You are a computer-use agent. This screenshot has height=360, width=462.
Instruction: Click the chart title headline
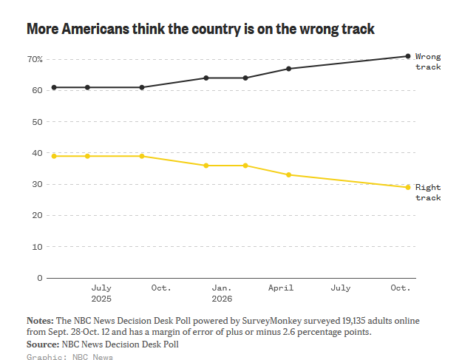(200, 29)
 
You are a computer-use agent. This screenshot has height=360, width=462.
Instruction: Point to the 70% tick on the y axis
(35, 60)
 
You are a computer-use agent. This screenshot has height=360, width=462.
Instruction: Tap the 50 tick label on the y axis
(38, 122)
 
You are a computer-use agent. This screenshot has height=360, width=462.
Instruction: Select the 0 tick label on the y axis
(40, 278)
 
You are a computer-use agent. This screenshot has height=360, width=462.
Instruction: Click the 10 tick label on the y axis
(38, 247)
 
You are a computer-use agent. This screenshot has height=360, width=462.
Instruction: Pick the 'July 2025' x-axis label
(101, 293)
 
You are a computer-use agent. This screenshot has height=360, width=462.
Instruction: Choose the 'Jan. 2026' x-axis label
(222, 293)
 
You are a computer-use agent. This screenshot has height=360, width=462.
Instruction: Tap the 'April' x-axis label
(281, 288)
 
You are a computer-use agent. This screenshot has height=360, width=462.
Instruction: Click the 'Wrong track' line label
(428, 61)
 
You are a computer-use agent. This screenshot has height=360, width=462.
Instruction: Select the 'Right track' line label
(428, 192)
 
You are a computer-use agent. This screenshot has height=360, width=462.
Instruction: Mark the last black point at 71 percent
(408, 56)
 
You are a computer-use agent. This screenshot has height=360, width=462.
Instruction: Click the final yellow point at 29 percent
(408, 187)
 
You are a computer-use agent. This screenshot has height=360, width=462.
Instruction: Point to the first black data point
(54, 87)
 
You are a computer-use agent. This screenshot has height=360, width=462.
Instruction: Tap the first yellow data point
(54, 156)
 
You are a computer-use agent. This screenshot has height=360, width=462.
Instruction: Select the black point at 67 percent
(289, 69)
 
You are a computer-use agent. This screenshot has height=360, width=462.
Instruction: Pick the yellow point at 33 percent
(289, 175)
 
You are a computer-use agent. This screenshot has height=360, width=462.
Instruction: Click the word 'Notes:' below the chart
(40, 321)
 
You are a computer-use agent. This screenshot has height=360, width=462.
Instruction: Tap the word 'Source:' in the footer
(43, 344)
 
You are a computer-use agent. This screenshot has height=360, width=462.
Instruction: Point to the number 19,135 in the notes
(353, 321)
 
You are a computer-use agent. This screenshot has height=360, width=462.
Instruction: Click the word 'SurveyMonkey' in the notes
(272, 321)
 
